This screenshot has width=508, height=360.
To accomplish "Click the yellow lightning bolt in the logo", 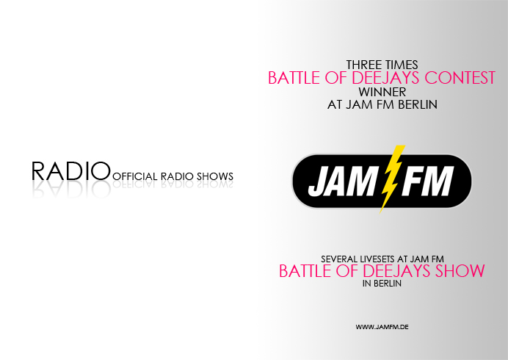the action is (392, 179).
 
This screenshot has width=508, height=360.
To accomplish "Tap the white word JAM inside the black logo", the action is (342, 181).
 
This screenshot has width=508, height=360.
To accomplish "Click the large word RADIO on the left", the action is (71, 171).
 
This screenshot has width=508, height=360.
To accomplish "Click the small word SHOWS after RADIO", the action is (215, 176).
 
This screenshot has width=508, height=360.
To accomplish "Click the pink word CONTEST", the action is (460, 78).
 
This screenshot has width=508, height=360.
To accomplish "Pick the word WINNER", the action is (382, 92).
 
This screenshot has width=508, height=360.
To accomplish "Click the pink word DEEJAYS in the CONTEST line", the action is (386, 78).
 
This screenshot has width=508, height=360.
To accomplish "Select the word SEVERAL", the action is (339, 259).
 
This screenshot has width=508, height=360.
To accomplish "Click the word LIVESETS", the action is (378, 259).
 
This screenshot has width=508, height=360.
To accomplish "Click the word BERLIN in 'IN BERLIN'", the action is (388, 284).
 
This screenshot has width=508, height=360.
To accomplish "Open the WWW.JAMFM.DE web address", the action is (382, 327).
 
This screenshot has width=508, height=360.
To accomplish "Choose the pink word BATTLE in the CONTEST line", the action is (294, 78).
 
